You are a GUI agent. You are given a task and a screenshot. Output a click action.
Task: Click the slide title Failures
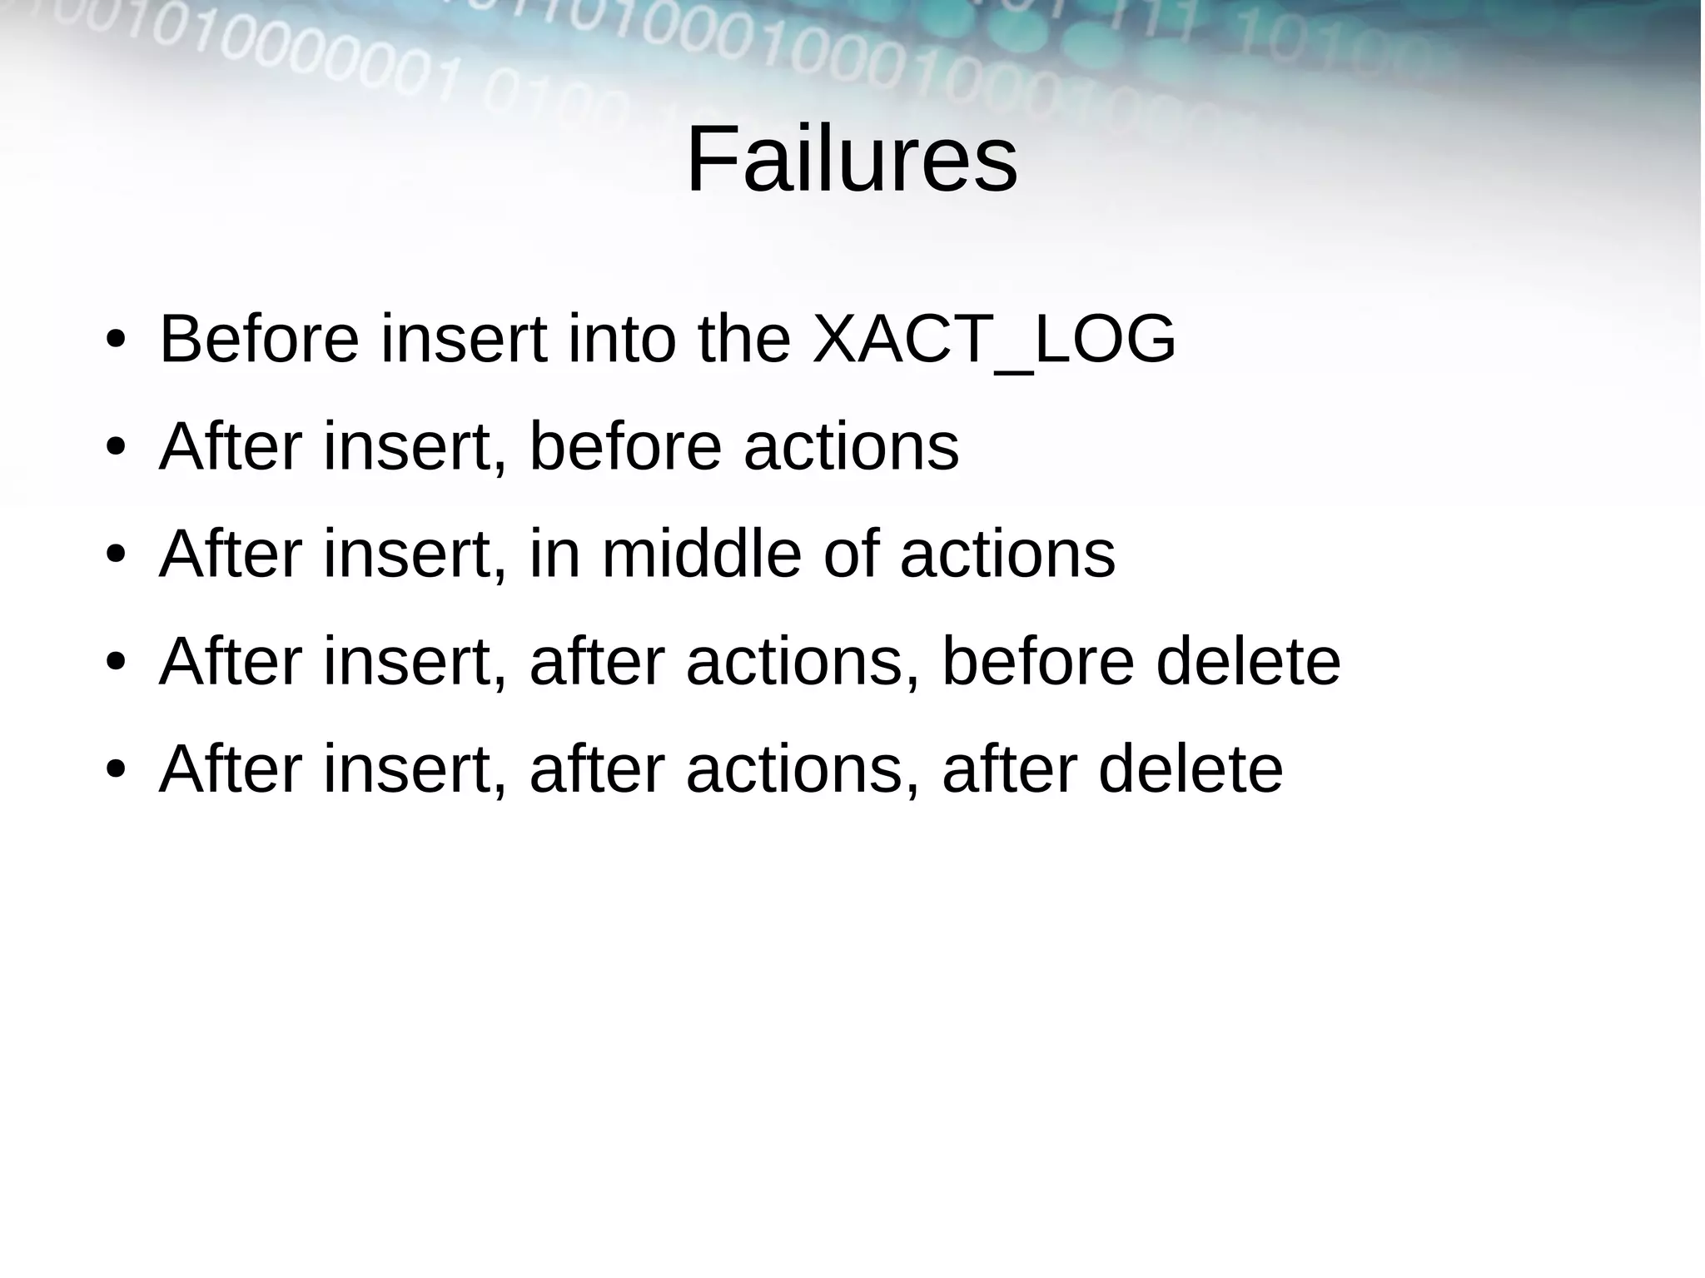851,158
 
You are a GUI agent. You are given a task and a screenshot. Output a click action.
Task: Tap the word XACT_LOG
993,340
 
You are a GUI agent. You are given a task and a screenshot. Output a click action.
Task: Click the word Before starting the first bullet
259,340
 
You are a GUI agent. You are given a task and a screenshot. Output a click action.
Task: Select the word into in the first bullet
621,340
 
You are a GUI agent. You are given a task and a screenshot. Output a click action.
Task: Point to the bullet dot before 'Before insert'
116,341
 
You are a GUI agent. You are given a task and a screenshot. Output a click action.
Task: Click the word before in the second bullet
625,447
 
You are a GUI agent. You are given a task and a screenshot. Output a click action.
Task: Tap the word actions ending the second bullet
851,447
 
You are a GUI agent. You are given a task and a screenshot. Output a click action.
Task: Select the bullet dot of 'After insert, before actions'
116,449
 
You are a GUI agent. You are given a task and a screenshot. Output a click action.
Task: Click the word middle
701,554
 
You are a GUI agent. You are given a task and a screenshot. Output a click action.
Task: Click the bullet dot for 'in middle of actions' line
116,555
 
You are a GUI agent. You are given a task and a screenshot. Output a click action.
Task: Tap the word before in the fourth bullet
1037,661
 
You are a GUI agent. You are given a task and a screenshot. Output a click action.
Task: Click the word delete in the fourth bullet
1248,661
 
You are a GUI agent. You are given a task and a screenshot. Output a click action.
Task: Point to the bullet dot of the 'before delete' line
116,663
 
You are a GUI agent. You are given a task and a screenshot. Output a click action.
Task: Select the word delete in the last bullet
1191,768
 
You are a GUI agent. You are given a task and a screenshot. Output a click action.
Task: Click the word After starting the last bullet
230,768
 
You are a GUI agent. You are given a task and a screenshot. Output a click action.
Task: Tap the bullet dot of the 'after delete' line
116,770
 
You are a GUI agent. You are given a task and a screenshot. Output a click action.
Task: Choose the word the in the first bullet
743,340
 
